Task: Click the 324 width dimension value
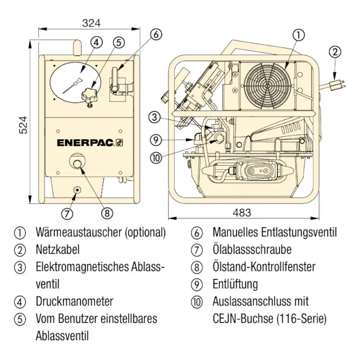[x=91, y=23]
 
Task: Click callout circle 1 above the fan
[x=298, y=35]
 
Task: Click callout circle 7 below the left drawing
[x=67, y=212]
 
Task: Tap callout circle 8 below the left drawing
[x=107, y=212]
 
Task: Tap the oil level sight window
[x=77, y=163]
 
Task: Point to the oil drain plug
[x=77, y=191]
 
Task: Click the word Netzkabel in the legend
[x=57, y=249]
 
